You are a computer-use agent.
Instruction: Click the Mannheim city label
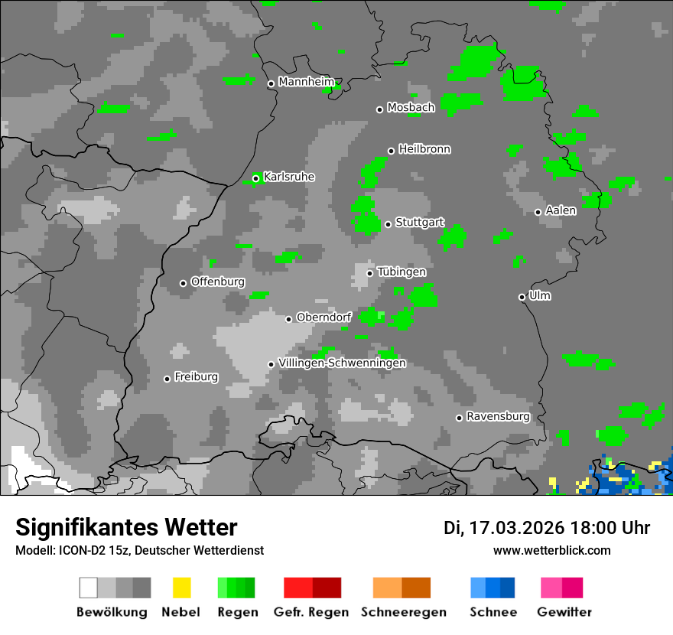point(306,82)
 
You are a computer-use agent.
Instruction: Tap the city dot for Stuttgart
point(389,224)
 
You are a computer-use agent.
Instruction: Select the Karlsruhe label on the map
point(288,177)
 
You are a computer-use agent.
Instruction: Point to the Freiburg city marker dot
point(167,379)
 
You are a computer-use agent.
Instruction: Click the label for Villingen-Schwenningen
point(342,363)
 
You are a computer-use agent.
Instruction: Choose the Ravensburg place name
point(498,416)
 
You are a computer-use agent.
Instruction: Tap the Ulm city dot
point(522,297)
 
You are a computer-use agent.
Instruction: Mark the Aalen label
point(561,210)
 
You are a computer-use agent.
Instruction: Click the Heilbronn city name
point(424,149)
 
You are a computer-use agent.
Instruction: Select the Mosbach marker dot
point(379,109)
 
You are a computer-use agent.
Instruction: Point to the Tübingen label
point(402,272)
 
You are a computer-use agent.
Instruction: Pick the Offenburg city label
point(217,282)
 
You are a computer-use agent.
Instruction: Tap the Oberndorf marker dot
point(288,319)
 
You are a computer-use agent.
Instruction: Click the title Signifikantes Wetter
point(126,527)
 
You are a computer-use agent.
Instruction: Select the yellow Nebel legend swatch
point(181,588)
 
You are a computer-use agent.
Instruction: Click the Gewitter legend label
point(564,612)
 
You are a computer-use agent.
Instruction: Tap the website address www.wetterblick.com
point(551,550)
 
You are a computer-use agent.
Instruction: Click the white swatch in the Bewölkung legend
point(89,588)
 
